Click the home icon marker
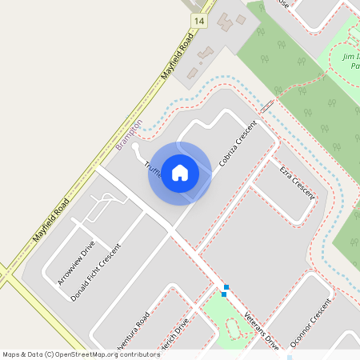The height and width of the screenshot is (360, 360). pos(180,172)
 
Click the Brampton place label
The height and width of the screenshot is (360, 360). pos(128,134)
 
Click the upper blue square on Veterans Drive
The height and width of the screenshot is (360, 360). pos(227,286)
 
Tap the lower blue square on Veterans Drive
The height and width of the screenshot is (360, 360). pos(223,294)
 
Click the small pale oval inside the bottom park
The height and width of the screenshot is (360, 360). pos(233,328)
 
